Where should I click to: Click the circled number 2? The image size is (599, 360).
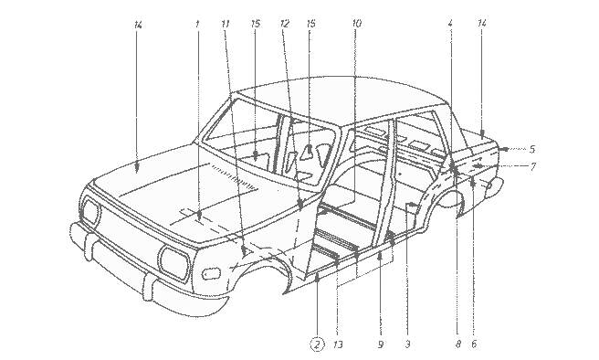click(x=317, y=344)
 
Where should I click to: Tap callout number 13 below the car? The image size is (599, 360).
click(x=338, y=344)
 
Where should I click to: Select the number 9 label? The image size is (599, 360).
click(x=381, y=344)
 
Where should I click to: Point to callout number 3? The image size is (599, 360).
click(x=407, y=344)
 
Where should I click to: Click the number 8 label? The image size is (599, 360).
click(x=458, y=344)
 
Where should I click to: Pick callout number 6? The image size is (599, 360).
click(x=474, y=344)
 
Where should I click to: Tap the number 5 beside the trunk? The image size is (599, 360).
click(x=532, y=149)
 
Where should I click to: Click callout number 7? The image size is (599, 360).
click(x=533, y=166)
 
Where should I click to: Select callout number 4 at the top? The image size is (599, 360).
click(x=450, y=24)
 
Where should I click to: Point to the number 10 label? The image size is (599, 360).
click(x=356, y=24)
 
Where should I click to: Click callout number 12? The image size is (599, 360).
click(x=285, y=24)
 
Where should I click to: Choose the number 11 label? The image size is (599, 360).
click(x=226, y=24)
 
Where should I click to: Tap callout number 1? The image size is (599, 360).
click(x=197, y=24)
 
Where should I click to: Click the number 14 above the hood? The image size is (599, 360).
click(x=138, y=25)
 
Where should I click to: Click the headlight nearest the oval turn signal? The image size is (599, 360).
click(x=175, y=263)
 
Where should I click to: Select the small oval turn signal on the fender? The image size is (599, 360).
click(x=211, y=273)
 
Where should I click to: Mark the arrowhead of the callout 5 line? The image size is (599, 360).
click(x=504, y=149)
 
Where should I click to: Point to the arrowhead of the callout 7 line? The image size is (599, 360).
click(x=478, y=166)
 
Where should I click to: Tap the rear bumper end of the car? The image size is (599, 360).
click(x=495, y=186)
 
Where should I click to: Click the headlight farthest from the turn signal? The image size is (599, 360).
click(x=91, y=211)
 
